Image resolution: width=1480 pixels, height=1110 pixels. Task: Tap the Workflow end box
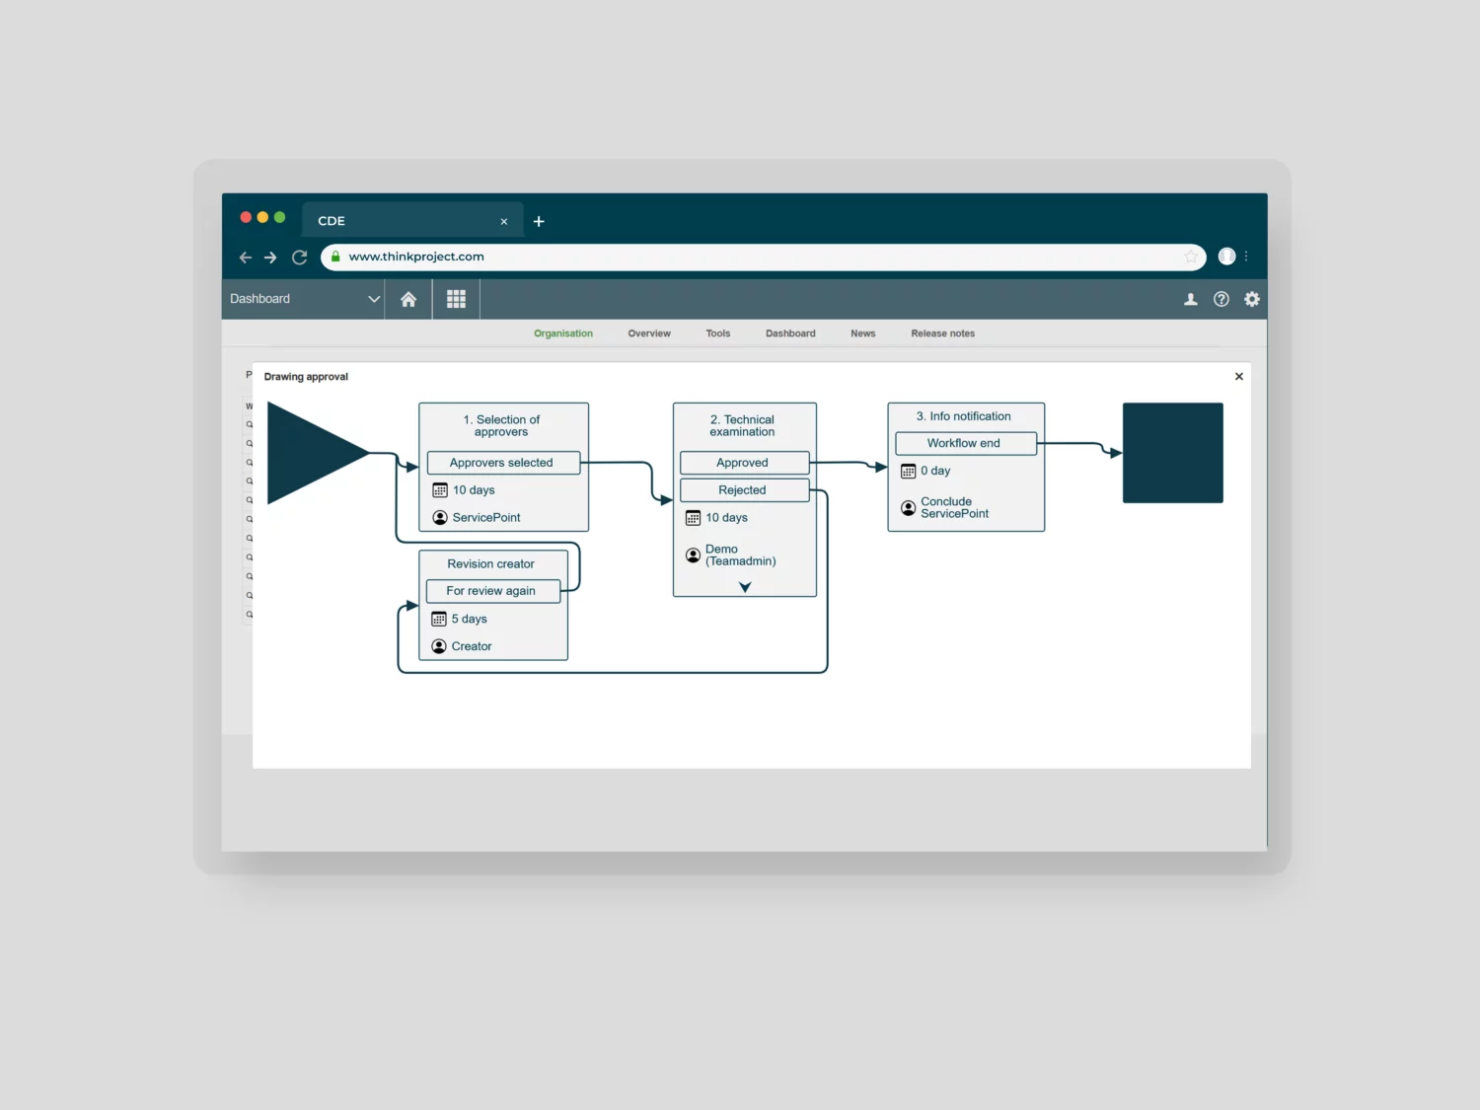pyautogui.click(x=965, y=443)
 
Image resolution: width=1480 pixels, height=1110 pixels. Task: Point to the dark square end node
pyautogui.click(x=1172, y=453)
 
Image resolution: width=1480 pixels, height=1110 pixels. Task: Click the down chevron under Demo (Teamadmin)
pyautogui.click(x=744, y=587)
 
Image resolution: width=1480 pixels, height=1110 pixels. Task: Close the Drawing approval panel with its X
pyautogui.click(x=1238, y=376)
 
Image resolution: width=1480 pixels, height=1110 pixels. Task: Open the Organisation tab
pyautogui.click(x=563, y=333)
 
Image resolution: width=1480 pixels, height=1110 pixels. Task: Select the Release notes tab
pyautogui.click(x=942, y=333)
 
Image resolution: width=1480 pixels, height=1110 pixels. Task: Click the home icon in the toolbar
pyautogui.click(x=407, y=299)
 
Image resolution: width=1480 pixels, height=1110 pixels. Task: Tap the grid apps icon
pyautogui.click(x=456, y=299)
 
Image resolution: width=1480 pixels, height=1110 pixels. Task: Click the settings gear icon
pyautogui.click(x=1251, y=299)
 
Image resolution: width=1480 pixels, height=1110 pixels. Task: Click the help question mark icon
pyautogui.click(x=1221, y=299)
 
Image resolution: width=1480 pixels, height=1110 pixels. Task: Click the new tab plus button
pyautogui.click(x=539, y=221)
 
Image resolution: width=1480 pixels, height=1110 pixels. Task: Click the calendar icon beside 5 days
pyautogui.click(x=439, y=619)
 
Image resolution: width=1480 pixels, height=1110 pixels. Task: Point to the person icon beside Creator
pyautogui.click(x=439, y=646)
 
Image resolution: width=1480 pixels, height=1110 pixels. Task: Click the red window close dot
pyautogui.click(x=246, y=217)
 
